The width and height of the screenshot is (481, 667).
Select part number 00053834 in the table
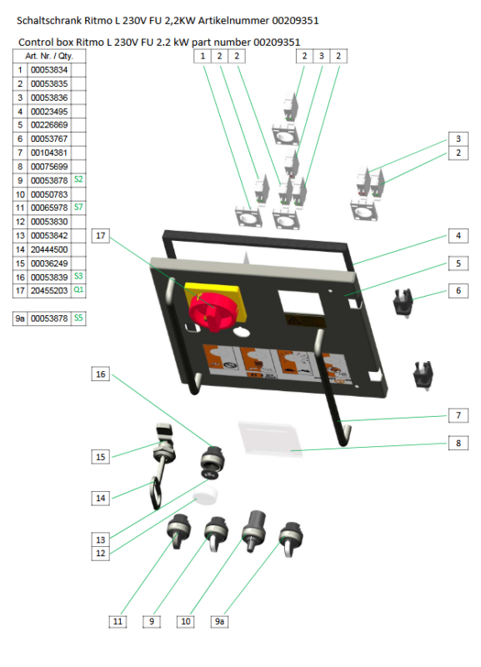click(x=49, y=70)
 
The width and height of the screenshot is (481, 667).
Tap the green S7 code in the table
click(x=78, y=207)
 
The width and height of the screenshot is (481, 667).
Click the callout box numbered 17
click(x=100, y=236)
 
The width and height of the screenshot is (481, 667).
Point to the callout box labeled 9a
click(x=219, y=621)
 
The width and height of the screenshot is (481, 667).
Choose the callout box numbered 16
click(x=100, y=374)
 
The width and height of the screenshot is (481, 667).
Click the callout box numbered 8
click(x=458, y=443)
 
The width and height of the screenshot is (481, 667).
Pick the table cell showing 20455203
click(x=49, y=290)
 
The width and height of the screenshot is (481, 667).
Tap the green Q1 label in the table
click(x=78, y=289)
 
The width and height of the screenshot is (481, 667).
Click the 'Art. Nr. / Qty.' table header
click(x=49, y=56)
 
